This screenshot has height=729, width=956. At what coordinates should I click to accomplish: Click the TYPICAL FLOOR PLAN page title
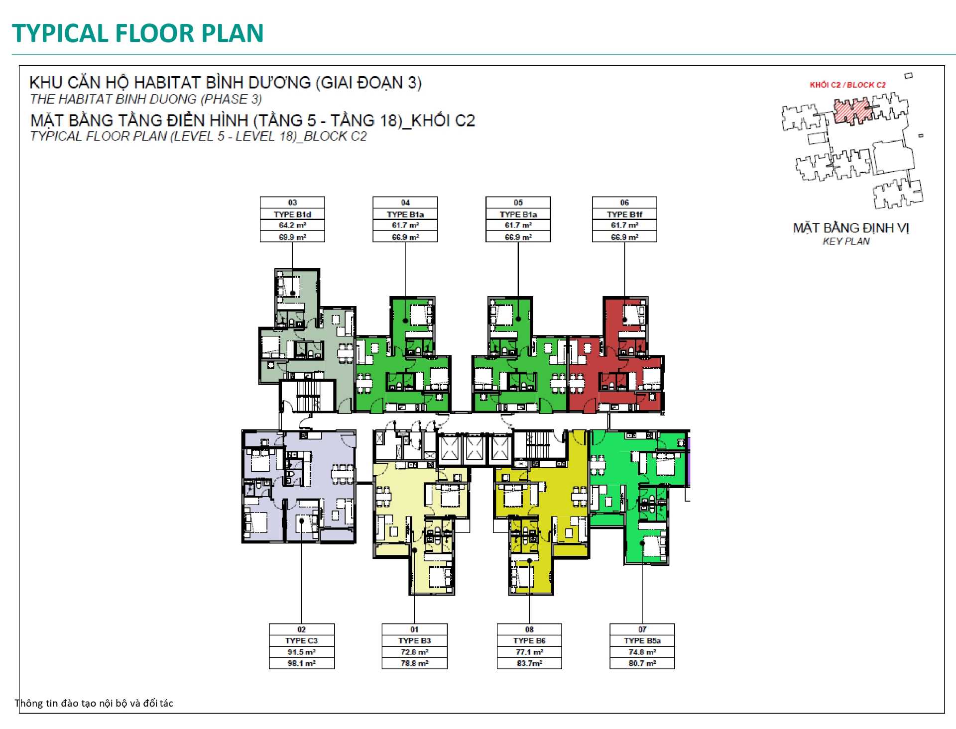137,33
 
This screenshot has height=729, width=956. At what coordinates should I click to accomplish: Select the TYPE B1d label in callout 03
292,214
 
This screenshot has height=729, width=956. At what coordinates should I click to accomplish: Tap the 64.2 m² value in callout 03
292,225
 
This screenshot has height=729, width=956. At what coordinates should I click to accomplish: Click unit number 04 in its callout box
405,203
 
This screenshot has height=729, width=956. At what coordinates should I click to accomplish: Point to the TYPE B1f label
624,214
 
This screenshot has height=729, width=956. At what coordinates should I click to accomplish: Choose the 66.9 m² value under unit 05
518,237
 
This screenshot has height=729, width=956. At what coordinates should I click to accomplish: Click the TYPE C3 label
301,641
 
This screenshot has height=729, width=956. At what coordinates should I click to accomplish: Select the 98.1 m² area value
301,663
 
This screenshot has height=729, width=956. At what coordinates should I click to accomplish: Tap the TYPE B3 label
414,641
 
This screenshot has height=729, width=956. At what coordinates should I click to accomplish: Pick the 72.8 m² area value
414,652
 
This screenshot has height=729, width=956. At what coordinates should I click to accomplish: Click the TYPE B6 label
529,641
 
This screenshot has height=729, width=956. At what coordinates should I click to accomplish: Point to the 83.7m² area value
529,663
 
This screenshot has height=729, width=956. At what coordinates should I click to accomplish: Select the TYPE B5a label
642,641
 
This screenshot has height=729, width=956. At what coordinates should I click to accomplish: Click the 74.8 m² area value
642,652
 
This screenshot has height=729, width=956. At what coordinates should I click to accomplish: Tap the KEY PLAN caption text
846,241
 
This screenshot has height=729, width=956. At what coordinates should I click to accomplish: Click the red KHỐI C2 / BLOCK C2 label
847,85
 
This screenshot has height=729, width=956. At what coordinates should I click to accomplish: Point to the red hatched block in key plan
853,111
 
